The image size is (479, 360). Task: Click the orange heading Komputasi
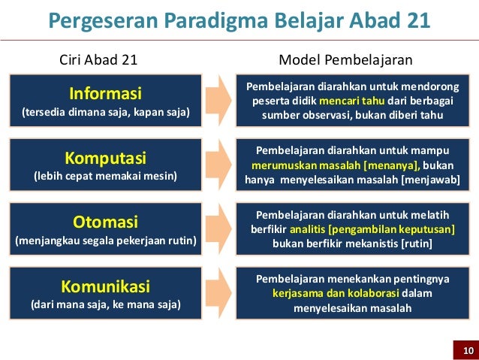[x=105, y=159]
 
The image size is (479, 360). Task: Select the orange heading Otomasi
[x=105, y=222]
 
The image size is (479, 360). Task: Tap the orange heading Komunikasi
[x=105, y=286]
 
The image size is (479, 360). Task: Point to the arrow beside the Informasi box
[x=218, y=100]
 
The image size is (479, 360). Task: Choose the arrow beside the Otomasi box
[x=218, y=228]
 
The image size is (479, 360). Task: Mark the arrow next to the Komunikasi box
[x=218, y=292]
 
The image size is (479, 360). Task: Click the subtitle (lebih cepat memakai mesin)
[x=105, y=177]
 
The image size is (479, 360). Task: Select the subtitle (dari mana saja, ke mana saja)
[x=105, y=305]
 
